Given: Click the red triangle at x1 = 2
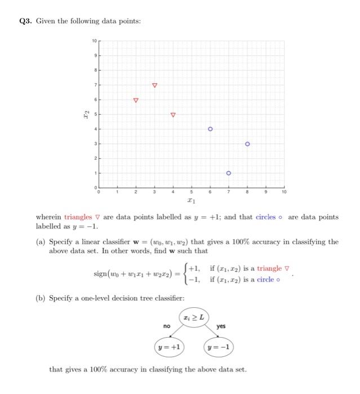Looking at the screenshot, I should (x=135, y=100).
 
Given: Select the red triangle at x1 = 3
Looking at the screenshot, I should (x=154, y=86).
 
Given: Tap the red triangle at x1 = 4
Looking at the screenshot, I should (x=173, y=115).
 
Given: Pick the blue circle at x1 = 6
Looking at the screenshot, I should (x=210, y=129).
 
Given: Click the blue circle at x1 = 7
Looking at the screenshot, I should (x=229, y=173).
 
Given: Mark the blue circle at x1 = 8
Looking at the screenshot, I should (x=247, y=144).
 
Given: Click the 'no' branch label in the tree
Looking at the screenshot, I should (x=167, y=326).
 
